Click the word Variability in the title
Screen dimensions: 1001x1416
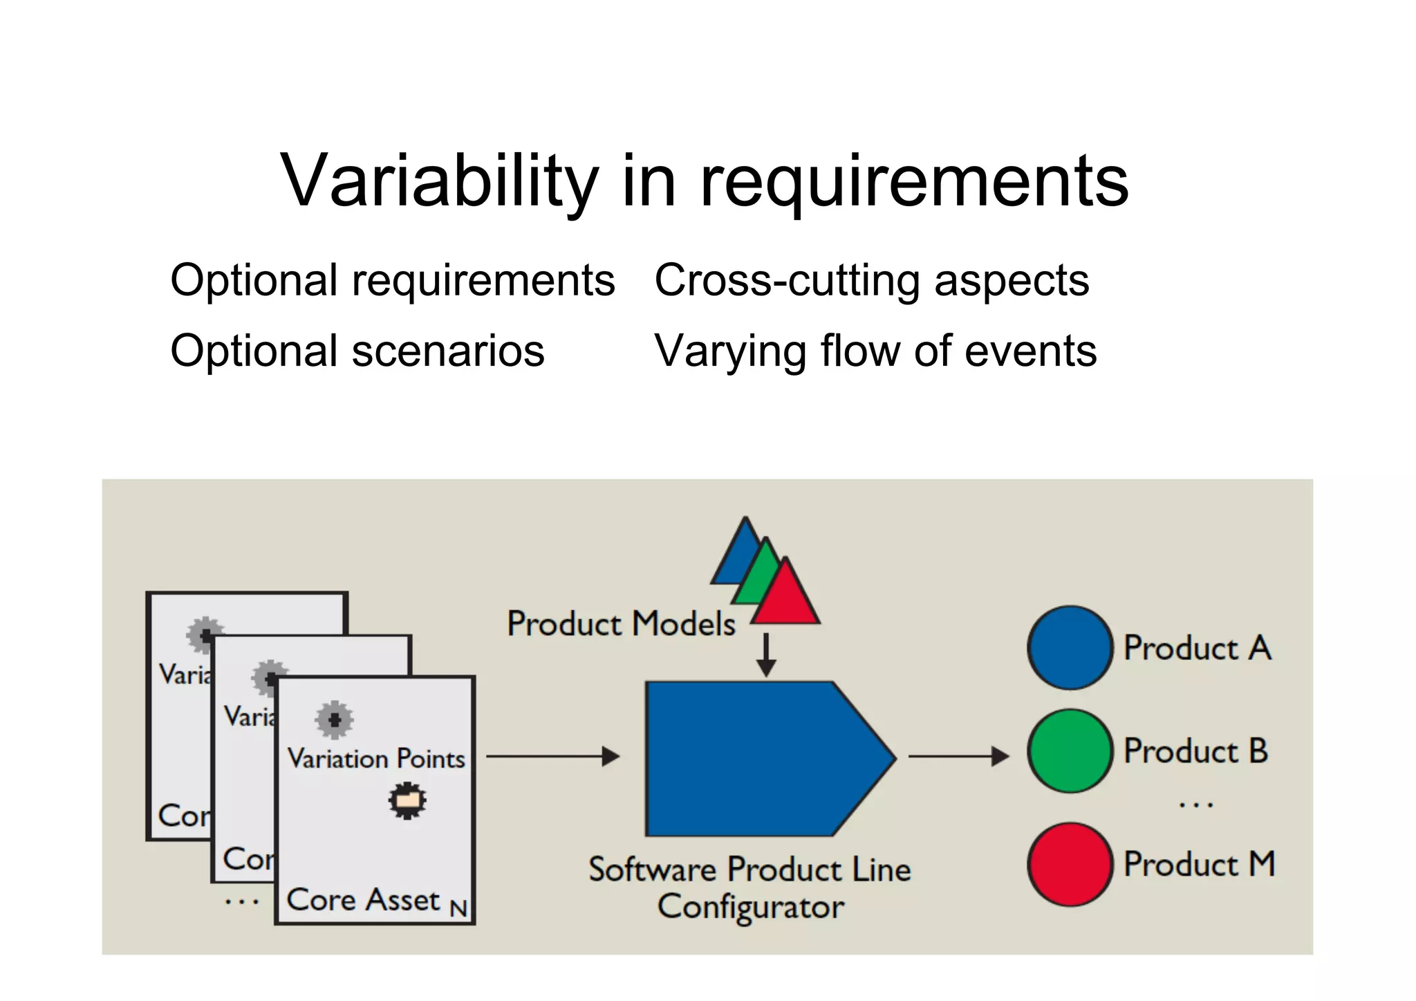click(x=440, y=181)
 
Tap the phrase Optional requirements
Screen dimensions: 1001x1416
click(x=392, y=281)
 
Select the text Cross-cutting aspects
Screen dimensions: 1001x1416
click(x=871, y=281)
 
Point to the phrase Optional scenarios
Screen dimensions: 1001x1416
click(x=357, y=351)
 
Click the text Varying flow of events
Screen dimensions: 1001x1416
click(x=875, y=351)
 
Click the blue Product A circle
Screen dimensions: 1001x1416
click(x=1070, y=648)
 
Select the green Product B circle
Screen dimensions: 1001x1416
click(x=1070, y=751)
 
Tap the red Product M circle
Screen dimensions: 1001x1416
click(x=1070, y=864)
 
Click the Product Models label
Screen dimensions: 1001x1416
click(x=621, y=623)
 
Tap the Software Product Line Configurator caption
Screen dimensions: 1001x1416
click(x=750, y=888)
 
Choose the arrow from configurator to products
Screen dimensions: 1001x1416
click(x=958, y=756)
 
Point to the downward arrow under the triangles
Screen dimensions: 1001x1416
click(x=766, y=654)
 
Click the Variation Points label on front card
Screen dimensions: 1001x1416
click(x=376, y=759)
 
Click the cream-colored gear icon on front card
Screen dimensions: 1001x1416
click(x=407, y=800)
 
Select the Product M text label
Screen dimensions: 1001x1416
click(x=1199, y=864)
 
